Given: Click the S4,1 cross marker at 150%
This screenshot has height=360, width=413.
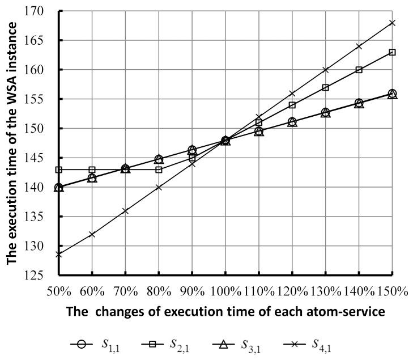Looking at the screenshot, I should [392, 23].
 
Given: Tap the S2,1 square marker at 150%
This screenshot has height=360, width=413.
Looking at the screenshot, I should [392, 52].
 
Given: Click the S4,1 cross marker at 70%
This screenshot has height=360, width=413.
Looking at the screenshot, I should [125, 211].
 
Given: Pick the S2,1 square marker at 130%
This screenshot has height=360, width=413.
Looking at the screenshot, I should [325, 87].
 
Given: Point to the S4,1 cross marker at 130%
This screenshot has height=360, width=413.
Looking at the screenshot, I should [325, 70].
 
